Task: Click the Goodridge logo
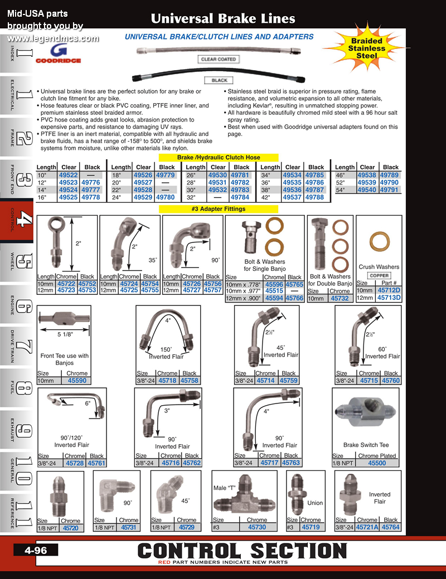[59, 53]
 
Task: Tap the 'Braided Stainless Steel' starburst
[366, 48]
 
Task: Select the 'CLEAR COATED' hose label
[219, 59]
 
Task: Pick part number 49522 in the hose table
[69, 175]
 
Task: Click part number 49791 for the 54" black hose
[389, 190]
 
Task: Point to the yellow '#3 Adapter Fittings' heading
[219, 209]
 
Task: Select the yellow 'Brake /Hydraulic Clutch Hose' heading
[219, 157]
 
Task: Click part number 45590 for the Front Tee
[77, 381]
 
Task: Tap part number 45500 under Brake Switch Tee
[377, 463]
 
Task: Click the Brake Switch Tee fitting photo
[366, 413]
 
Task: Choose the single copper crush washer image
[380, 243]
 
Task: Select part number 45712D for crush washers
[389, 290]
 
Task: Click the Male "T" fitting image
[245, 497]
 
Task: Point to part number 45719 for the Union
[311, 527]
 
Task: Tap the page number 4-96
[36, 550]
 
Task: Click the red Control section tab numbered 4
[17, 221]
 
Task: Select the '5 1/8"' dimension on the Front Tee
[65, 334]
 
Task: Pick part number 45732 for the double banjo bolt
[340, 298]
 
